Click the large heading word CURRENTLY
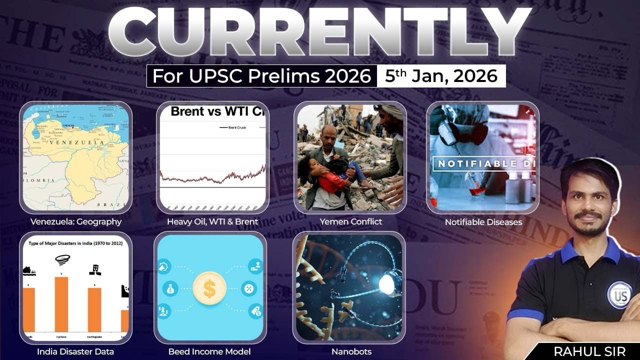[x=320, y=34]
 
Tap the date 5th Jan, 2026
[x=441, y=76]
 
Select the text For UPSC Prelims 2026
[x=261, y=76]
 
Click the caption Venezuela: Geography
[x=75, y=221]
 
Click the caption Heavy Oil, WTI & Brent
[x=212, y=221]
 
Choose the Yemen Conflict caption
[x=350, y=221]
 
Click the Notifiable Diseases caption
[x=483, y=221]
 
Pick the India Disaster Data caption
[x=75, y=351]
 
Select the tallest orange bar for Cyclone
[x=61, y=304]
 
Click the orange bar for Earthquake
[x=94, y=309]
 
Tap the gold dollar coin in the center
[x=209, y=287]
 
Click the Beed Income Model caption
[x=209, y=351]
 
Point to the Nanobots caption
[x=351, y=351]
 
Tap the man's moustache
[x=587, y=215]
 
